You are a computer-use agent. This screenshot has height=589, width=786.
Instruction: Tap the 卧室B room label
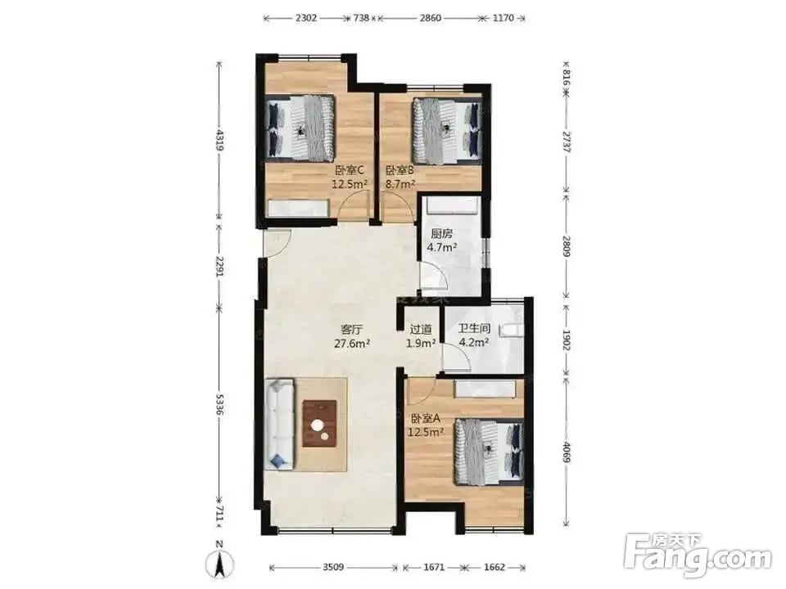(399, 170)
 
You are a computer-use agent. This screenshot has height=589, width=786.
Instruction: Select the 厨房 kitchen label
(442, 233)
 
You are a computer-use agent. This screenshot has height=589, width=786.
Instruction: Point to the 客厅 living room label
(351, 330)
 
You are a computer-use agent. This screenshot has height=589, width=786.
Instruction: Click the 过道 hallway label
(421, 330)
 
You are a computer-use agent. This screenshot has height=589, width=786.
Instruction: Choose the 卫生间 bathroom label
(474, 329)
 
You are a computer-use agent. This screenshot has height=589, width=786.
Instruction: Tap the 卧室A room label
(426, 418)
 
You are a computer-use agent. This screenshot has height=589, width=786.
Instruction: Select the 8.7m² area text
(400, 184)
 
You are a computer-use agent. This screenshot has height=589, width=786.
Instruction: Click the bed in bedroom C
(300, 128)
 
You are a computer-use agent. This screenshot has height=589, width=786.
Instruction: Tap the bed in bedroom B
(447, 131)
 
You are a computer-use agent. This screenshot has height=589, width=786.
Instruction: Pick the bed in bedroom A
(489, 452)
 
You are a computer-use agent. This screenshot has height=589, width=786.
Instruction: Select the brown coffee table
(319, 424)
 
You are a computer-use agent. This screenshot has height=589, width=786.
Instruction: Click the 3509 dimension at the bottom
(333, 568)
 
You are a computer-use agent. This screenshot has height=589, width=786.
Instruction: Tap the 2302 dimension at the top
(305, 19)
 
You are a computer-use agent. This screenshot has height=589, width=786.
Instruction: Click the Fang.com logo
(699, 554)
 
